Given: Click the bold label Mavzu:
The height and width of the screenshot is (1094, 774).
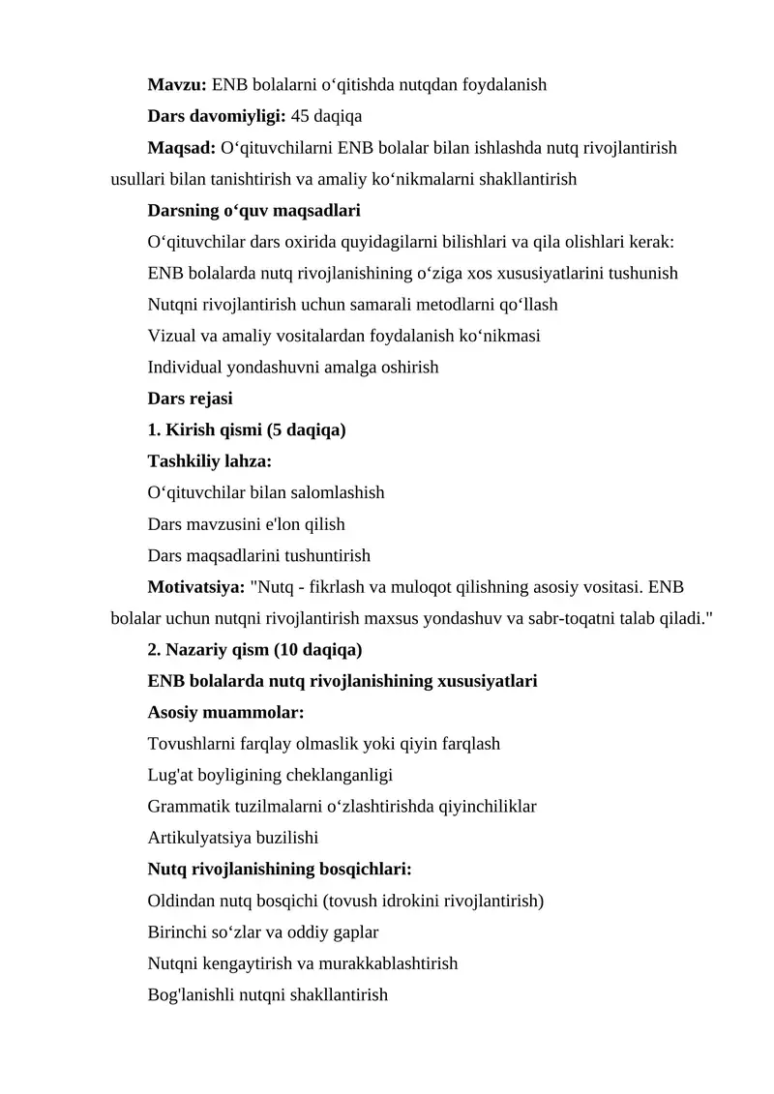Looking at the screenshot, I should click(x=177, y=84).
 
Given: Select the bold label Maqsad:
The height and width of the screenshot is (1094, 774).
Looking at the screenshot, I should click(x=181, y=148).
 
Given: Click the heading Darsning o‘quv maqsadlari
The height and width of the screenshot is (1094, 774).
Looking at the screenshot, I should click(x=253, y=210).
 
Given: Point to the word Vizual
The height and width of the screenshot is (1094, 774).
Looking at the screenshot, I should click(x=171, y=336).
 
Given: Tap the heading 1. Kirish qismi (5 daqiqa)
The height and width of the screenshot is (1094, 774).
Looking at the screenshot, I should click(x=247, y=429).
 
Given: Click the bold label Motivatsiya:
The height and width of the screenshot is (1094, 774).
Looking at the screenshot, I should click(x=195, y=586).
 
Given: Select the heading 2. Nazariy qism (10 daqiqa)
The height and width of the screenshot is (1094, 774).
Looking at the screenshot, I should click(x=254, y=649).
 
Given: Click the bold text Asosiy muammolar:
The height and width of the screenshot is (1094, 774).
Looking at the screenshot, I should click(x=225, y=712).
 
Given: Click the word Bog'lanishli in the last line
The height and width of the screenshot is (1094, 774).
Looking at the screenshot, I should click(x=192, y=994).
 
